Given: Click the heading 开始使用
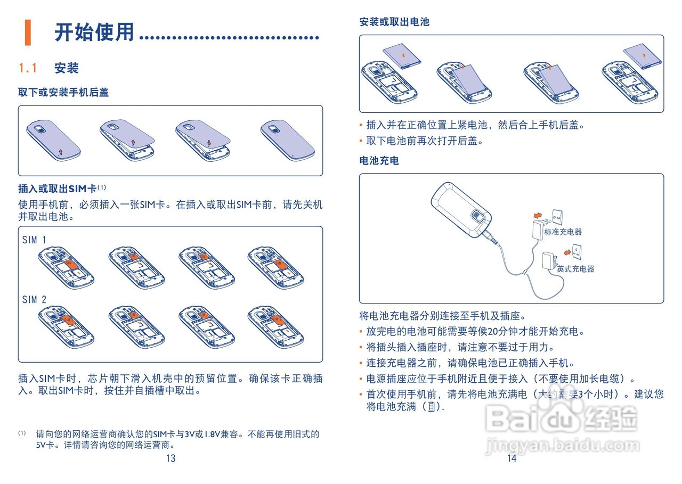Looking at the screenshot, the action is click(x=94, y=32).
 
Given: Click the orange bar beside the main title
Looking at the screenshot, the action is click(x=27, y=32).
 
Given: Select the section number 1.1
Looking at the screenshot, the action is click(x=28, y=68).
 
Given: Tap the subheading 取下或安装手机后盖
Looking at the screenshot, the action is click(x=63, y=92).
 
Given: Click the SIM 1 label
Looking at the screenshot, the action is click(x=34, y=240).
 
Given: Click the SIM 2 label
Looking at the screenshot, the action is click(x=34, y=300).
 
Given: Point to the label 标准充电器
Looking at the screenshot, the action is click(x=563, y=232).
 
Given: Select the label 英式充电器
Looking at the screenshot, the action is click(x=575, y=269).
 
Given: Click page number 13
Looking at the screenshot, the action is click(x=170, y=458).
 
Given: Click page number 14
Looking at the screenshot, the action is click(x=511, y=458).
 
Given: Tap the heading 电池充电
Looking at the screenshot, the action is click(x=379, y=160).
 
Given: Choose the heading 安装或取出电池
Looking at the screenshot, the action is click(x=394, y=22).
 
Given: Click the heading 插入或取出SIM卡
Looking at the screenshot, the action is click(x=58, y=188).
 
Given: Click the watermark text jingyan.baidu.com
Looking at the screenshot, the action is click(x=563, y=445).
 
